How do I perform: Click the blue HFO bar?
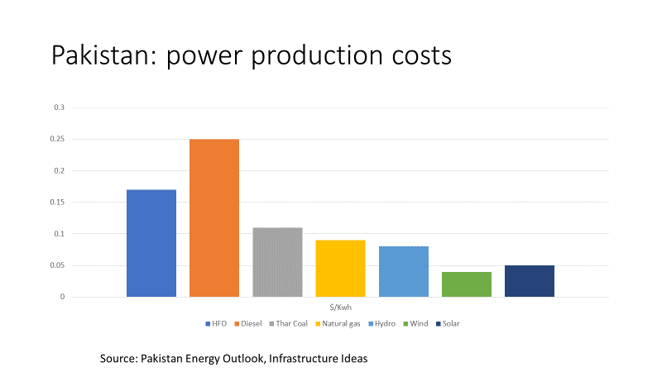(151, 243)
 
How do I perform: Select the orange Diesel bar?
(214, 218)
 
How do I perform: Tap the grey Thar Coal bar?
(277, 262)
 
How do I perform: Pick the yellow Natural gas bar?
(340, 268)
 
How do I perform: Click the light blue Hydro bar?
(404, 271)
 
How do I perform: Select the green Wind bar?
(467, 284)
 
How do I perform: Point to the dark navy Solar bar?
(530, 281)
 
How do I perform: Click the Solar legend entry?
(449, 323)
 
